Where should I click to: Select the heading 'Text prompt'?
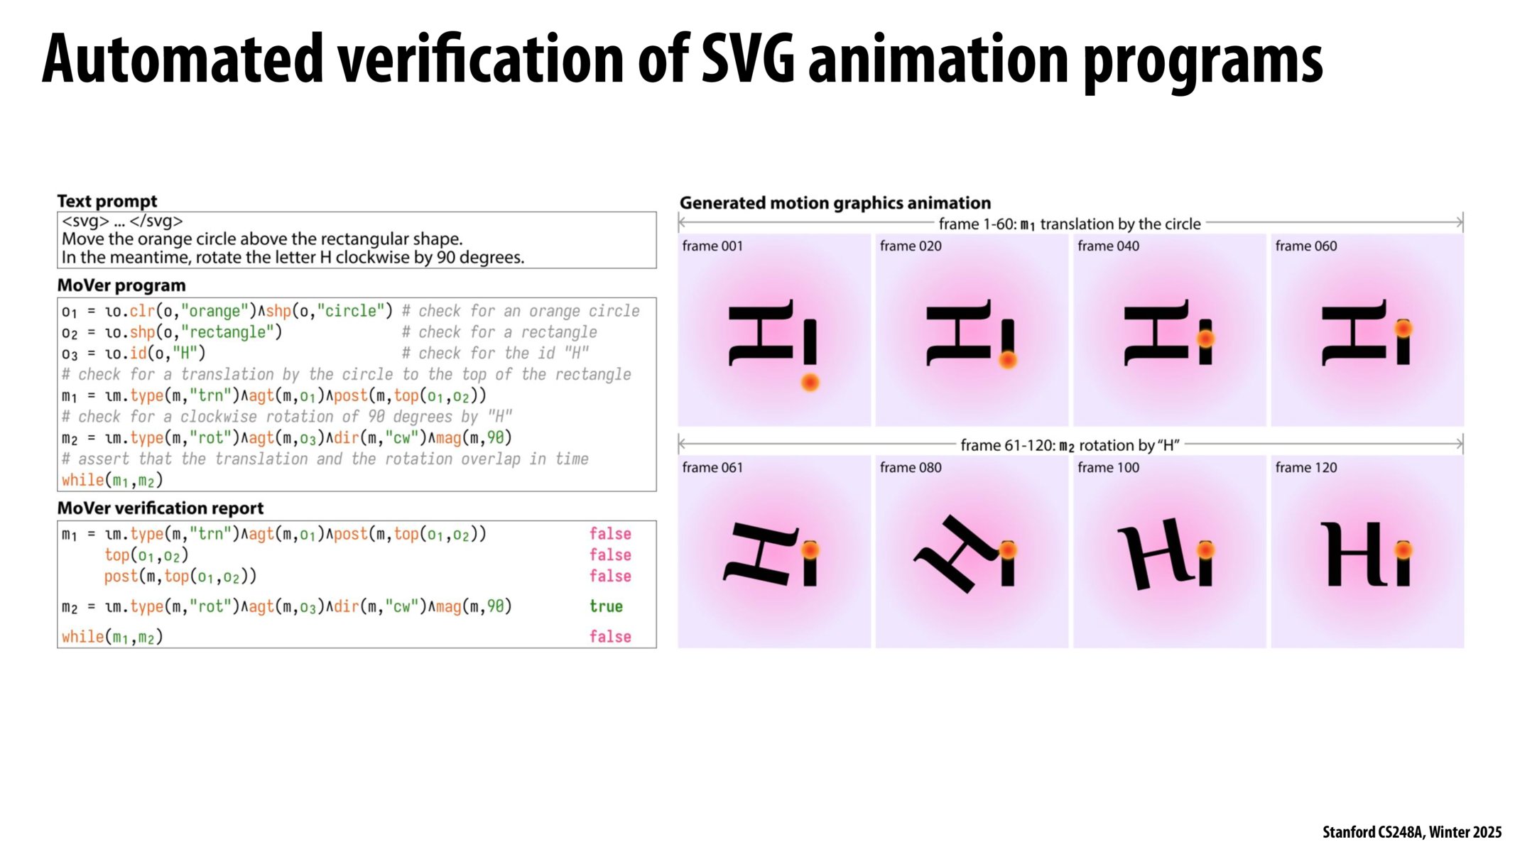[107, 201]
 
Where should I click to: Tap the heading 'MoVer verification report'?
[160, 508]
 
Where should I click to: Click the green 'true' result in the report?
[606, 606]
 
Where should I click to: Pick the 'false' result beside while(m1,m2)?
[610, 637]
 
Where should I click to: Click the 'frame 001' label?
[712, 246]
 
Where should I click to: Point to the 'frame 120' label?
[1305, 468]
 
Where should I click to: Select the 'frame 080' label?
[911, 468]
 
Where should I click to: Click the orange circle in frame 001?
[810, 383]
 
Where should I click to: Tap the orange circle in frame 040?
[1205, 339]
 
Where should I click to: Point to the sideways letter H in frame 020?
[959, 333]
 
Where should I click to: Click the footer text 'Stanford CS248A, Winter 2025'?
[1411, 832]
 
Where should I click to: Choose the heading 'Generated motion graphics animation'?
[835, 203]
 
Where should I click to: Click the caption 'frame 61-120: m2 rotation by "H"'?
[1070, 446]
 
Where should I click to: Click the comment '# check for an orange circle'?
[521, 311]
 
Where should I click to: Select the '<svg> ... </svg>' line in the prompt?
[122, 221]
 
